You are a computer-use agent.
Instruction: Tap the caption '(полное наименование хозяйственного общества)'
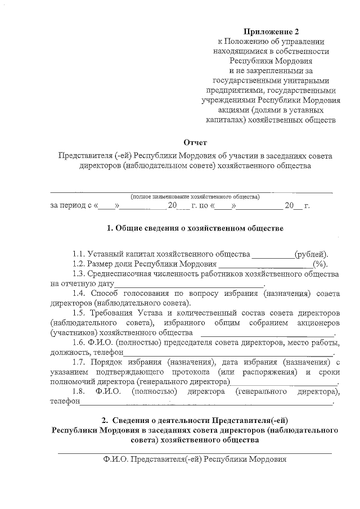coord(195,197)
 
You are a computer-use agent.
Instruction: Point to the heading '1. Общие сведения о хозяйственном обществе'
coord(195,229)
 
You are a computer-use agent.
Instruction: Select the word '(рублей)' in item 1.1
coord(312,254)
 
